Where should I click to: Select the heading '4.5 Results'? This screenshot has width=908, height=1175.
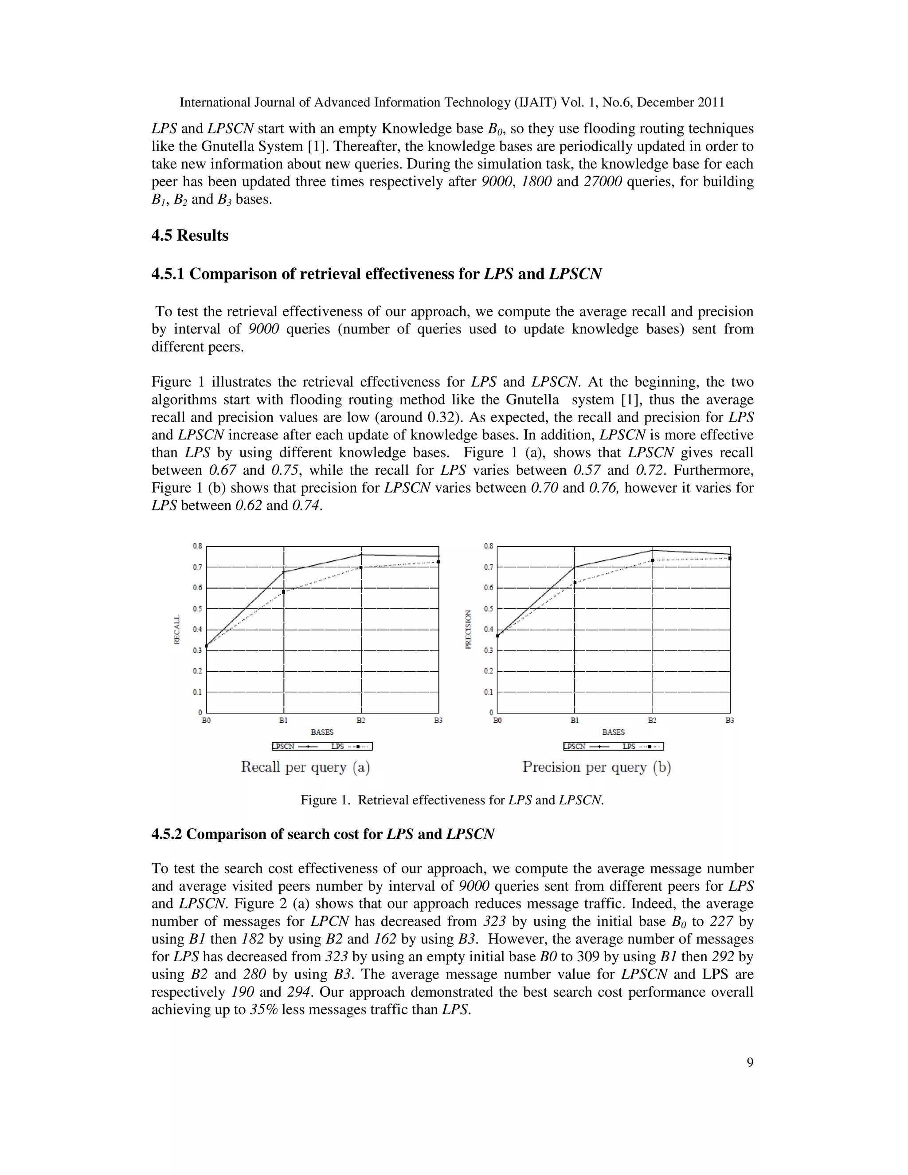[x=190, y=235]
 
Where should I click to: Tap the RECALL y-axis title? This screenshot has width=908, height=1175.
[x=176, y=630]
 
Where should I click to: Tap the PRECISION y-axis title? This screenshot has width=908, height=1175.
[x=468, y=630]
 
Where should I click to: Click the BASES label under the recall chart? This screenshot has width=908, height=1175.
[x=322, y=732]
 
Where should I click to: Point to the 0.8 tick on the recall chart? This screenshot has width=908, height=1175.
[x=197, y=546]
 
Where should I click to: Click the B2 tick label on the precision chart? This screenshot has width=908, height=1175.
[x=652, y=721]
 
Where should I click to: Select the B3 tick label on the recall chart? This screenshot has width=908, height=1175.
[x=438, y=721]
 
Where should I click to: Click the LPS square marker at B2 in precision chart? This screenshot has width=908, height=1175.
[x=652, y=560]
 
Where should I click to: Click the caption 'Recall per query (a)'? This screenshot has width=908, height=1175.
[x=305, y=767]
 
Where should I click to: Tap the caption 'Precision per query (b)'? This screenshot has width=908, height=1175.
[x=597, y=767]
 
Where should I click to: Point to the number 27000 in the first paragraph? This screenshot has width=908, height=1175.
[x=603, y=182]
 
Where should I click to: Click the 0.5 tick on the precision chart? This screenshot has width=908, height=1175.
[x=489, y=608]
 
